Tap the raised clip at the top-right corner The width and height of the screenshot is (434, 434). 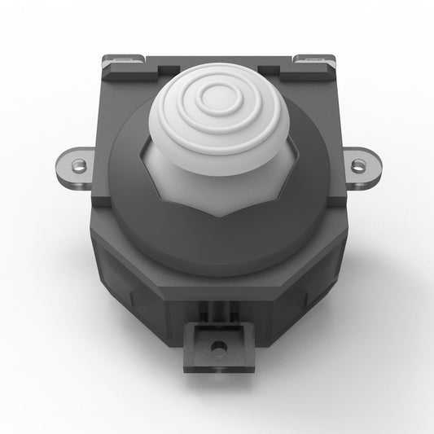click(x=313, y=60)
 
